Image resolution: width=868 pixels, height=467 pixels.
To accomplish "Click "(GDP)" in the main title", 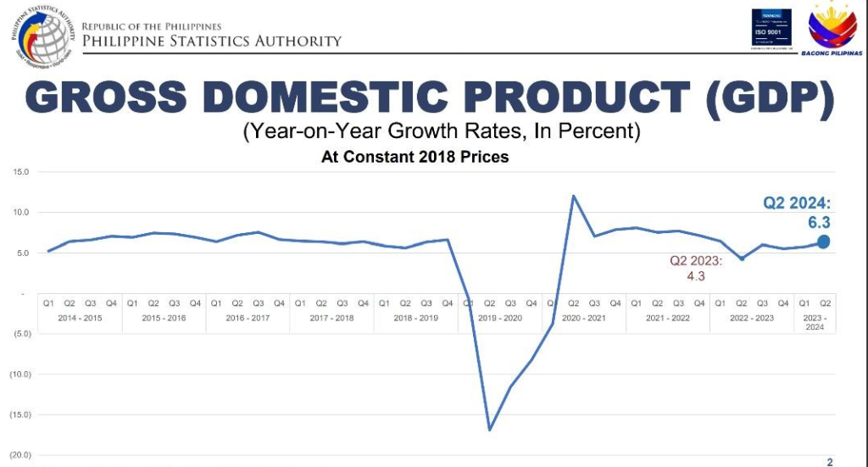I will [x=766, y=99].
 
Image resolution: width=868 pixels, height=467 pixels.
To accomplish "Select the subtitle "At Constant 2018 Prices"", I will [x=415, y=157].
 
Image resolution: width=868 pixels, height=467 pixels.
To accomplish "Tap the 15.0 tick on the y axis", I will [x=20, y=172].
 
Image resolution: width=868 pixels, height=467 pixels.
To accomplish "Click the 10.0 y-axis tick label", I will [x=20, y=213].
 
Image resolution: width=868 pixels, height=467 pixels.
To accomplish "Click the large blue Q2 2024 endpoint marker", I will [x=823, y=242].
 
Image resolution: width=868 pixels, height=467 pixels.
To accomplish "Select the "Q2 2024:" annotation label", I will [x=797, y=203].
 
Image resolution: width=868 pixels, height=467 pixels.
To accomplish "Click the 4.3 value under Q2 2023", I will [x=695, y=275].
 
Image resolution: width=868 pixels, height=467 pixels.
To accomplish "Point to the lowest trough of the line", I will [x=489, y=430].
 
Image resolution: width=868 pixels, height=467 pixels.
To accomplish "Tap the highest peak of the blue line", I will [x=574, y=197].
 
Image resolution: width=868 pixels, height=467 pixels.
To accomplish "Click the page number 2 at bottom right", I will [x=830, y=461].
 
